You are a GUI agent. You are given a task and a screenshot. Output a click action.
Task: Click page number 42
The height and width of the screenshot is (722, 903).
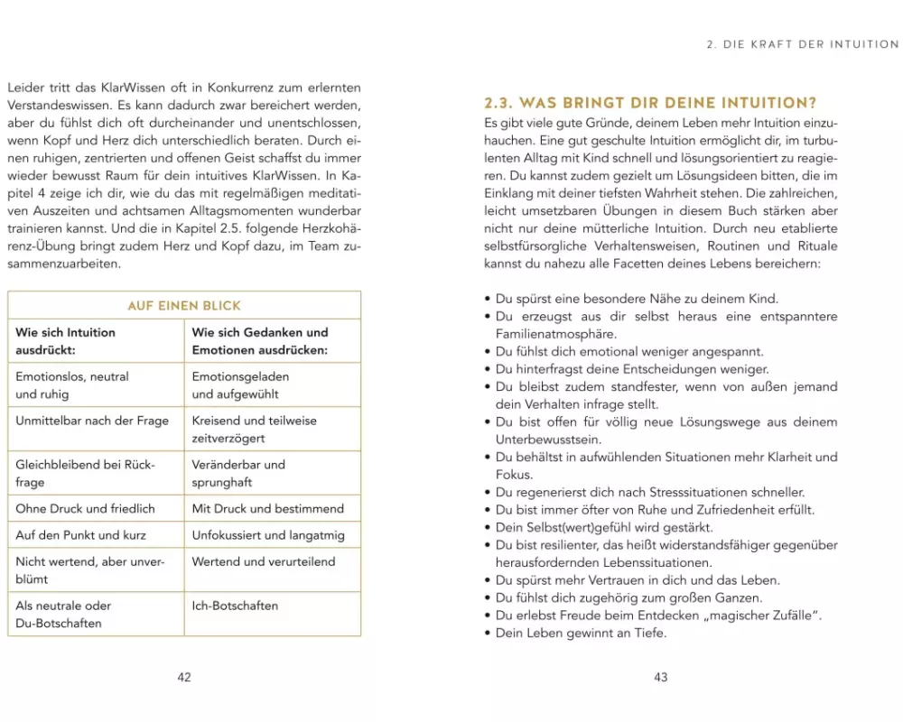[184, 678]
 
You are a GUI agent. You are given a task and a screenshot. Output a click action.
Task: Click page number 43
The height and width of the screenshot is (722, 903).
[660, 678]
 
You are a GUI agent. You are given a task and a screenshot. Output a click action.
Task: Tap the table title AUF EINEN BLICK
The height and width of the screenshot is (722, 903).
[184, 306]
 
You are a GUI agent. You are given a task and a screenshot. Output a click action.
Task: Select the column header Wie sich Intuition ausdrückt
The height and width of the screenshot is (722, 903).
[66, 341]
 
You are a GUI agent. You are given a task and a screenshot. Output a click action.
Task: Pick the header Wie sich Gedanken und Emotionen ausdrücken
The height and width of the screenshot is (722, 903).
[260, 341]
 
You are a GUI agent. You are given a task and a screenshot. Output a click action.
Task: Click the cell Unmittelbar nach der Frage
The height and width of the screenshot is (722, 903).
[92, 421]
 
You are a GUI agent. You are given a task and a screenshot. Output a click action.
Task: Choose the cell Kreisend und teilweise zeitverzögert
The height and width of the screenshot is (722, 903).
[254, 429]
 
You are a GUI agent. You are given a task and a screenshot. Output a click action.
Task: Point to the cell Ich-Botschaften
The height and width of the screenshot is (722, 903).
[235, 606]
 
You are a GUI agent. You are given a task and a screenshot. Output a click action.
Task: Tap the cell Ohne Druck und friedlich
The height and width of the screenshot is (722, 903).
[85, 509]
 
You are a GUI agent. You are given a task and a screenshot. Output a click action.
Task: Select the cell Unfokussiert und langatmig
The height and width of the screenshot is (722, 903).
[268, 535]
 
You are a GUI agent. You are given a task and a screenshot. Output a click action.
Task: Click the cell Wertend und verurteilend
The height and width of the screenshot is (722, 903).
[263, 561]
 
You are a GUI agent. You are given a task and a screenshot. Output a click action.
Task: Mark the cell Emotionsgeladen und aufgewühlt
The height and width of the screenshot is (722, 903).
[240, 385]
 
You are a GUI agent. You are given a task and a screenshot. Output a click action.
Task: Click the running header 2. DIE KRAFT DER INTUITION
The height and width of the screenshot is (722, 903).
[800, 44]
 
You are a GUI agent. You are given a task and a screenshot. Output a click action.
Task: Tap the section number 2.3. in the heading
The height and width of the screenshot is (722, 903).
[499, 103]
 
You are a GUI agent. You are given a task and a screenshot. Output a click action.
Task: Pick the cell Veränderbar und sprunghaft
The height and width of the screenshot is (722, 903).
[238, 473]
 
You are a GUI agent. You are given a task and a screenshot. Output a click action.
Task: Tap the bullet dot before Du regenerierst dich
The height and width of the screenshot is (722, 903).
[488, 493]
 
